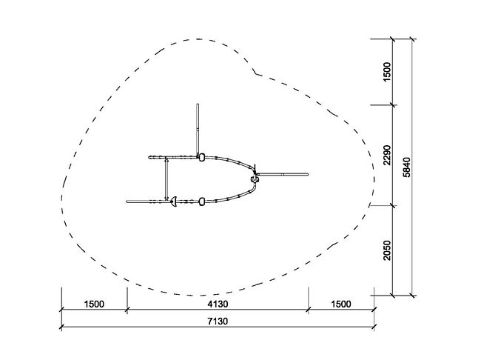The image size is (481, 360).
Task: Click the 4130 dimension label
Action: click(218, 304)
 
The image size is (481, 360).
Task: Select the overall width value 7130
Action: click(218, 321)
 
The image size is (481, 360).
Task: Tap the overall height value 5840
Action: click(406, 167)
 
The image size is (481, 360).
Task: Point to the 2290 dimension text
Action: click(387, 155)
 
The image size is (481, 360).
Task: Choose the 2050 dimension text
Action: click(387, 250)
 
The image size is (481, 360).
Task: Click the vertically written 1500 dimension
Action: click(387, 72)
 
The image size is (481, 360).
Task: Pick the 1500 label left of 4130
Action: click(94, 304)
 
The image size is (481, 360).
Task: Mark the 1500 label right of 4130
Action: click(341, 304)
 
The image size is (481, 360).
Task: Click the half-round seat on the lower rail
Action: click(174, 201)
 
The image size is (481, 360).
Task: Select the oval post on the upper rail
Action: click(201, 158)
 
